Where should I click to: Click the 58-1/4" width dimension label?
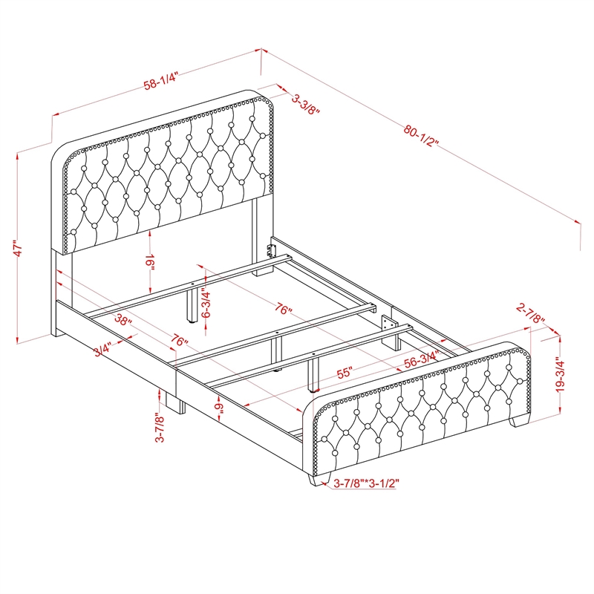click(162, 84)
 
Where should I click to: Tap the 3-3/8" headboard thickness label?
click(304, 104)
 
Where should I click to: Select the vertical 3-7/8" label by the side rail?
click(158, 428)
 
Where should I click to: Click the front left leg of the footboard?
click(317, 478)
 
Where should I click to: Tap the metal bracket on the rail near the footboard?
click(387, 325)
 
